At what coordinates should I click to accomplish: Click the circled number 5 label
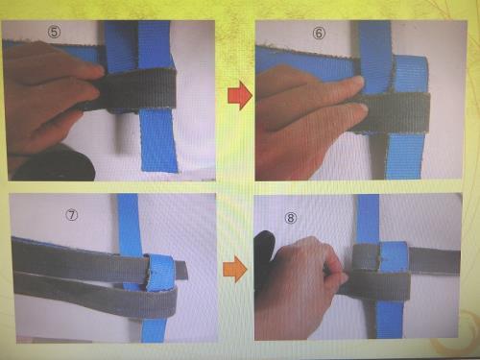(x=54, y=32)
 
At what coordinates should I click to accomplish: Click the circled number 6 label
(x=319, y=33)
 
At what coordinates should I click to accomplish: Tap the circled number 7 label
(x=71, y=215)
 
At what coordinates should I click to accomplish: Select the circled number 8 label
(x=291, y=218)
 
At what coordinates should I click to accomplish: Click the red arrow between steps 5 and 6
(x=240, y=95)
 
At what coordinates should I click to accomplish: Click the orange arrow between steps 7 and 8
(x=235, y=269)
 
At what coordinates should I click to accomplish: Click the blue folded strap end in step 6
(x=411, y=75)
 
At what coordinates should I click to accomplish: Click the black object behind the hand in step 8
(x=264, y=256)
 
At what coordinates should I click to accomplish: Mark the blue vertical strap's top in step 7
(x=128, y=196)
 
